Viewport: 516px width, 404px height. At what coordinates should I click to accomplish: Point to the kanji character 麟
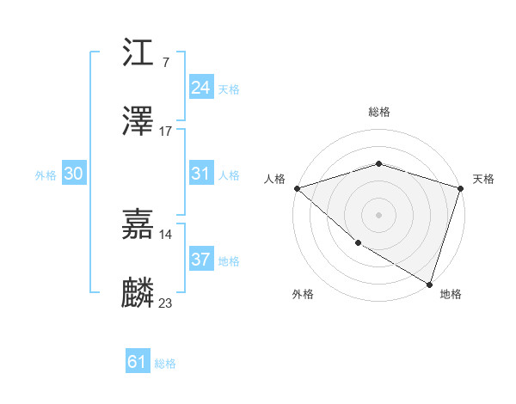click(x=139, y=293)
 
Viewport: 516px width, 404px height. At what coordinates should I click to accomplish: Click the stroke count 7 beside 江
click(x=165, y=62)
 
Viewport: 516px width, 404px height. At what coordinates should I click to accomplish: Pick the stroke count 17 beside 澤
click(x=166, y=131)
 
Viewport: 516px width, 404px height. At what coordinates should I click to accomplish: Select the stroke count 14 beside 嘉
click(x=166, y=234)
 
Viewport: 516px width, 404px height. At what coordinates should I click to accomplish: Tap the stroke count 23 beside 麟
click(x=166, y=302)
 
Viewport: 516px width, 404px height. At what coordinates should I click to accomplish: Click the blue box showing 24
click(x=200, y=87)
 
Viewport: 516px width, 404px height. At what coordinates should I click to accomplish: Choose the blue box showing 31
click(x=200, y=173)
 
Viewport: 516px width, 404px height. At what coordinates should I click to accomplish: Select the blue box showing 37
click(x=200, y=259)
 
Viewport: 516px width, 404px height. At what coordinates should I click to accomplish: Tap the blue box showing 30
click(x=74, y=173)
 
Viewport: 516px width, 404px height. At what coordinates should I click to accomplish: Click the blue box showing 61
click(x=138, y=362)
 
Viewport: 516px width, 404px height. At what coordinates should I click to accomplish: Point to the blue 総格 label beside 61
click(x=165, y=364)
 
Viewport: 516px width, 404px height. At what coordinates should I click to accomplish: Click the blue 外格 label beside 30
click(x=46, y=175)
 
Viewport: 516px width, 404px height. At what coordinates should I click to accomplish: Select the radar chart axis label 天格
click(x=483, y=179)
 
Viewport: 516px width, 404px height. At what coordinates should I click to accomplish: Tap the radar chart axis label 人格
click(x=274, y=179)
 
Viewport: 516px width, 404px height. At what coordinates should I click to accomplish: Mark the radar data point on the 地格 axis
click(x=429, y=283)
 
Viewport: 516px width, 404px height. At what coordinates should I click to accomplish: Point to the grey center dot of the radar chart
click(x=378, y=214)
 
